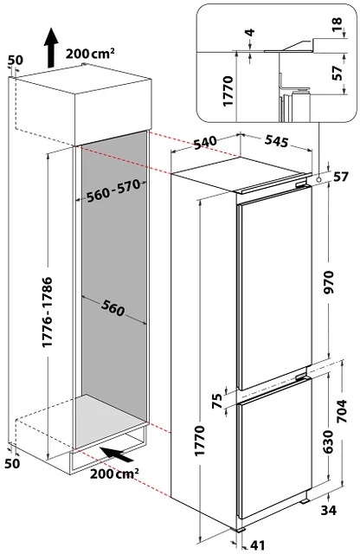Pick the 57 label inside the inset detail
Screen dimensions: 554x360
pyautogui.click(x=337, y=75)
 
